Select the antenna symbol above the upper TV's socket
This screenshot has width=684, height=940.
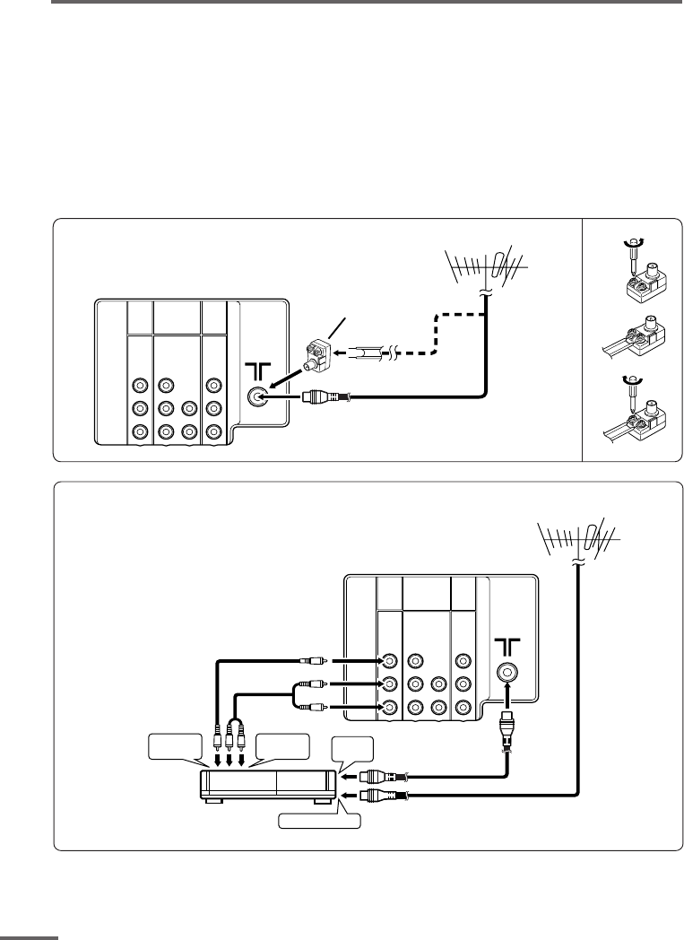click(258, 370)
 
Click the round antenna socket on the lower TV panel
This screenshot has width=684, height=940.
click(507, 671)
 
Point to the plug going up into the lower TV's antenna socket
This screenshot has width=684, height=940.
click(507, 718)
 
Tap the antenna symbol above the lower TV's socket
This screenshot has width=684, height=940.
click(507, 645)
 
